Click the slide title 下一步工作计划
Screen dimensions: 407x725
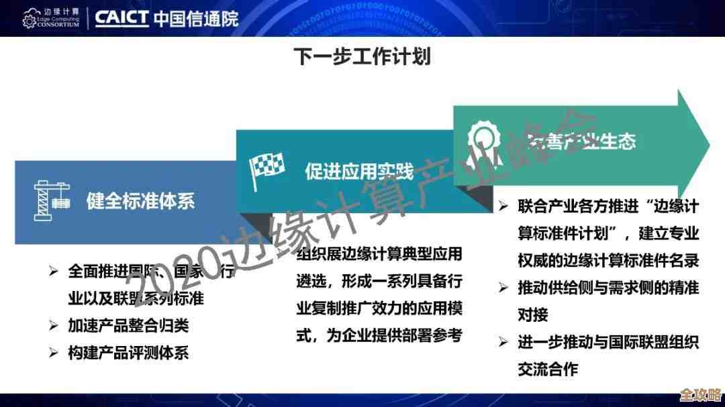coord(362,57)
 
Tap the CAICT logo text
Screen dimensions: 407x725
coord(121,17)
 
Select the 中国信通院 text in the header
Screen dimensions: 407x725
coord(195,18)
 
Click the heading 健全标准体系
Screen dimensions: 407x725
coord(141,200)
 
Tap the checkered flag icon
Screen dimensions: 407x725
coord(267,170)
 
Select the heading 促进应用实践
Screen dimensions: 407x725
coord(359,172)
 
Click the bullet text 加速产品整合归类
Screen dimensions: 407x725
coord(128,326)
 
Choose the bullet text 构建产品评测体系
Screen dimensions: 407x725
coord(128,353)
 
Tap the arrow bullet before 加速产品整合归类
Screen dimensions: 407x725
coord(54,326)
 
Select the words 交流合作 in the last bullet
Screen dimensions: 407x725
coord(548,369)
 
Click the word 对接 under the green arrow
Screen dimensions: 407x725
coord(533,314)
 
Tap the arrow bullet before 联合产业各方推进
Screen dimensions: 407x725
coord(503,207)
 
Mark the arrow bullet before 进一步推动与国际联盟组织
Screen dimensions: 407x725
coord(503,342)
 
